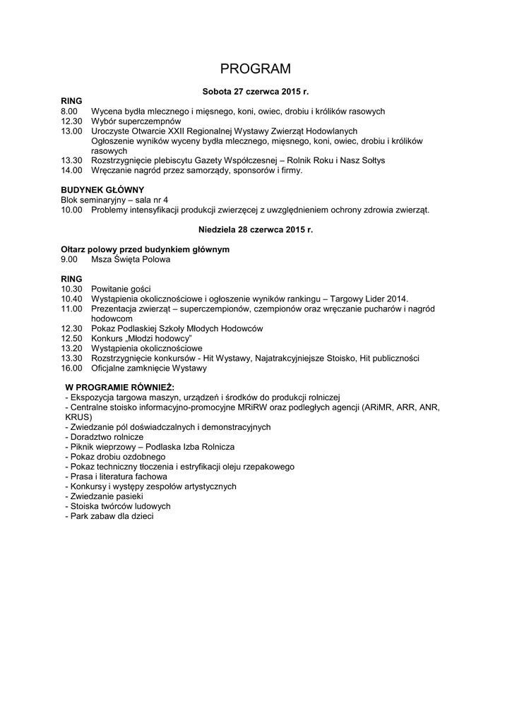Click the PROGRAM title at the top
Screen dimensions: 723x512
(x=256, y=68)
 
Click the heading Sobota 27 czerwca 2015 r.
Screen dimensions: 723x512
(x=256, y=92)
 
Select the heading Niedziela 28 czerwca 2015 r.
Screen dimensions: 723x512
(x=256, y=229)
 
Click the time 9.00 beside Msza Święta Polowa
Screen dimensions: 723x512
(x=69, y=259)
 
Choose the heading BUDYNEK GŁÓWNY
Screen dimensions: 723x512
(x=102, y=190)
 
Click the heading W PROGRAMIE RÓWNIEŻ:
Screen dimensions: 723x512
(x=119, y=388)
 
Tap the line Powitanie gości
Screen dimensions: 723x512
(x=121, y=289)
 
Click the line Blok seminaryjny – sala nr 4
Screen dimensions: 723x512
(x=114, y=200)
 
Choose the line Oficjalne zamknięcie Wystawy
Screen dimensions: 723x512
(x=148, y=368)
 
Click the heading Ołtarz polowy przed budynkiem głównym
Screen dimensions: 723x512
(x=145, y=249)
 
